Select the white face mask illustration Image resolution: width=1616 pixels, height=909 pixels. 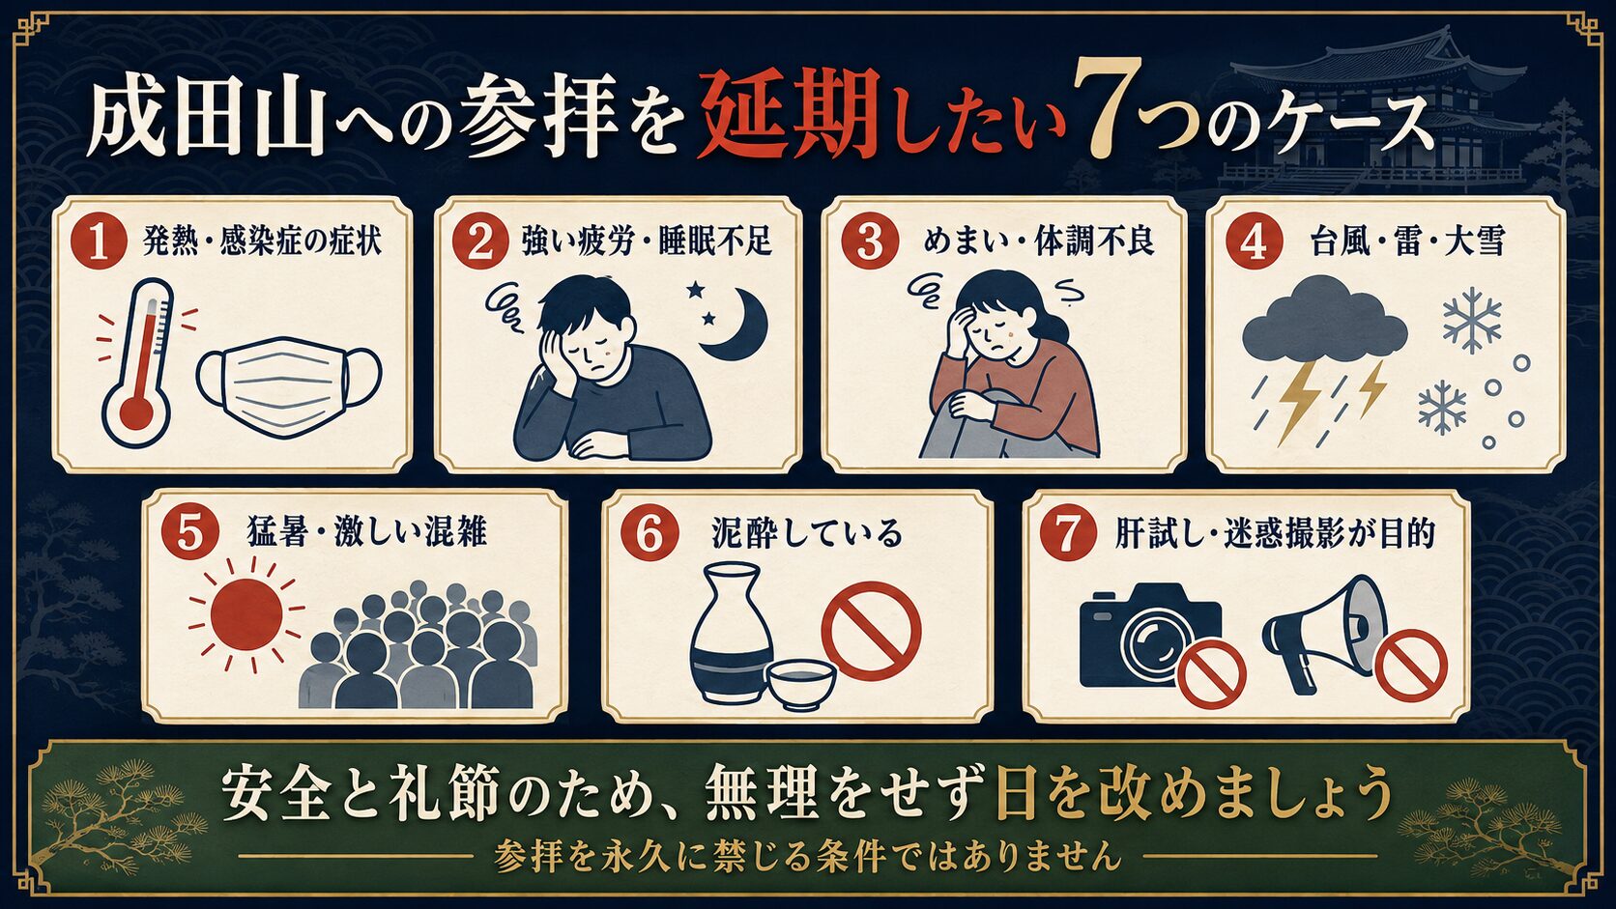pyautogui.click(x=289, y=387)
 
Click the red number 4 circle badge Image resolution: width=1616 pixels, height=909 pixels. pyautogui.click(x=1254, y=242)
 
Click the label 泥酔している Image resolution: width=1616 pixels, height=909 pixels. pyautogui.click(x=807, y=533)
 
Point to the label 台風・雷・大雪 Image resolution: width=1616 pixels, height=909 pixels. pyautogui.click(x=1407, y=241)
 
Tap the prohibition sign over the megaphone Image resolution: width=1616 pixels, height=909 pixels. pyautogui.click(x=1411, y=665)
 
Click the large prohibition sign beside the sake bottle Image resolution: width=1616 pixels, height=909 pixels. pyautogui.click(x=871, y=632)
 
